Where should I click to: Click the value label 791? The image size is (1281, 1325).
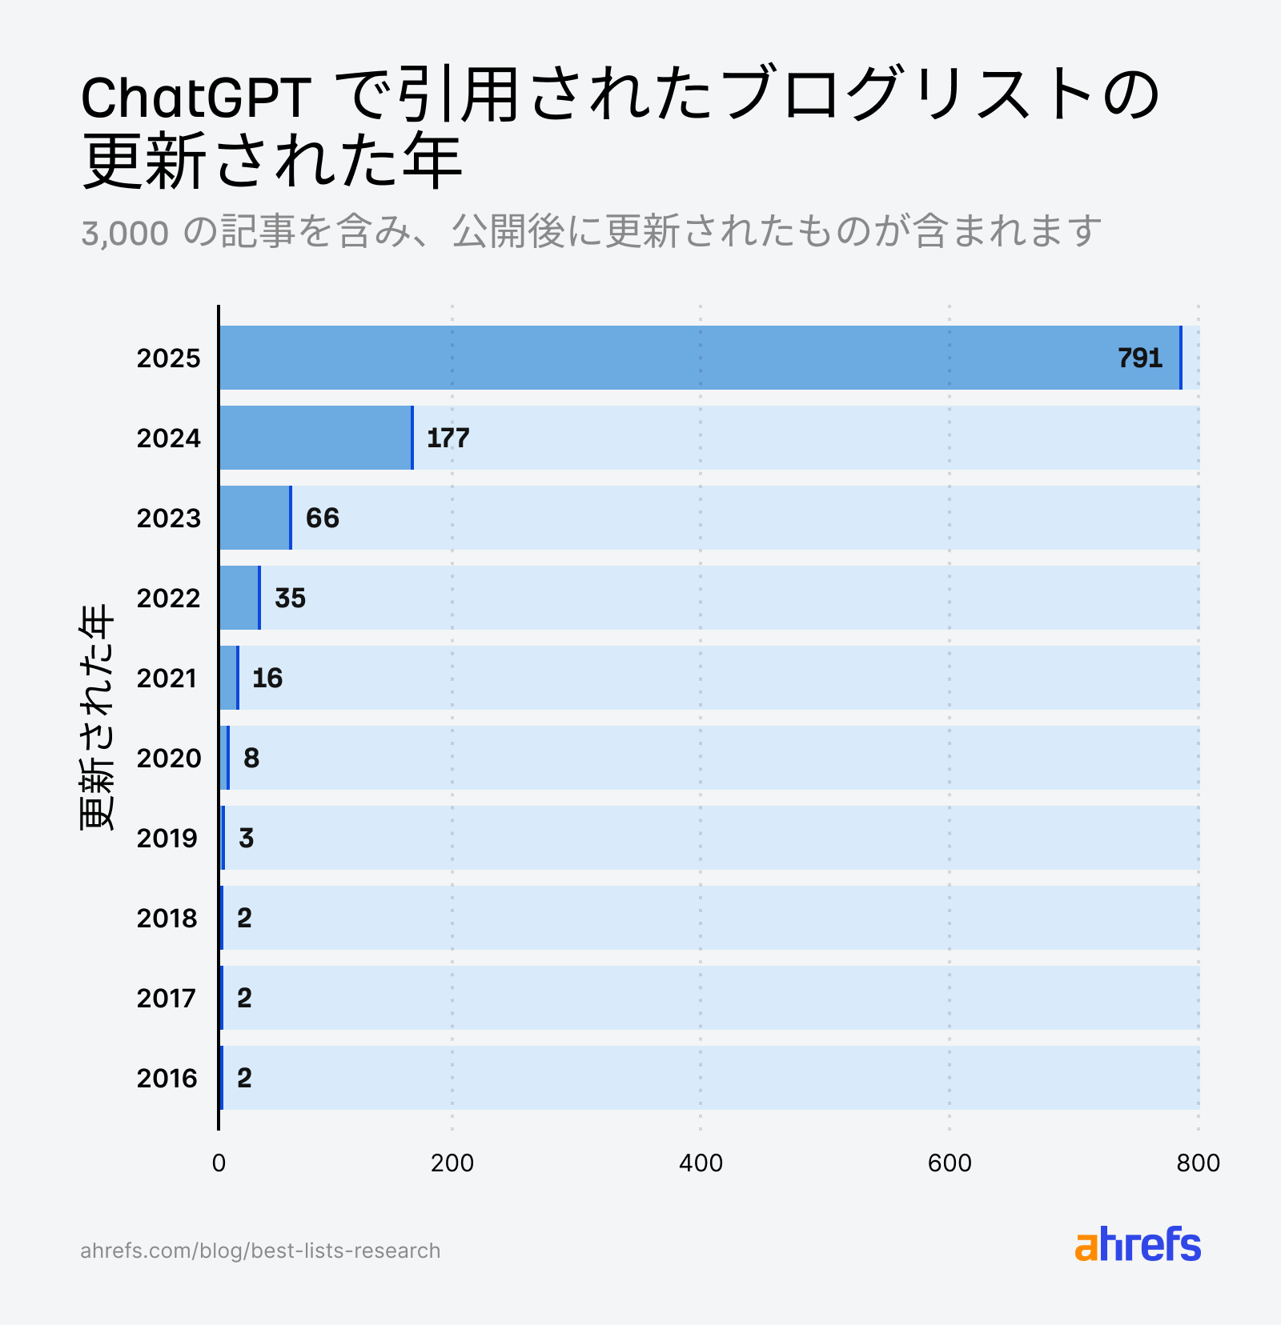click(x=1139, y=358)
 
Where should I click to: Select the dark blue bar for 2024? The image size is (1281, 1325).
click(x=315, y=438)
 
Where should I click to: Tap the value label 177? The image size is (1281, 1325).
click(x=448, y=438)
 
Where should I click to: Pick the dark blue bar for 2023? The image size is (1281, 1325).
click(x=255, y=518)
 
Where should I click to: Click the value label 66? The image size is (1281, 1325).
click(x=323, y=518)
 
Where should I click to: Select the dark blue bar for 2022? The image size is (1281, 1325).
click(x=239, y=598)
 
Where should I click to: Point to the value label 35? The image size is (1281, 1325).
click(x=290, y=598)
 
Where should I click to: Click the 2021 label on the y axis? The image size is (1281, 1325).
click(x=167, y=678)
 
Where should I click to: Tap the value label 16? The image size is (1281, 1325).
click(x=267, y=678)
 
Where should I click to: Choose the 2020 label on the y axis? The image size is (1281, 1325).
click(x=168, y=758)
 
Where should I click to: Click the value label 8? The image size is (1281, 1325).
click(x=251, y=758)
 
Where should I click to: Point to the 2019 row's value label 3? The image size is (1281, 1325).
click(x=247, y=838)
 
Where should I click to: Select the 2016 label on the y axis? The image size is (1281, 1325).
click(x=167, y=1078)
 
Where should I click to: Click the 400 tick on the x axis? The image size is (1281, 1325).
click(x=701, y=1163)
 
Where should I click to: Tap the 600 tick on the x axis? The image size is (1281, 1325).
click(x=950, y=1163)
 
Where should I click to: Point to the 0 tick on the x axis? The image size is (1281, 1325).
click(x=219, y=1163)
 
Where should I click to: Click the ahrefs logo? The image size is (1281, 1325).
click(x=1138, y=1245)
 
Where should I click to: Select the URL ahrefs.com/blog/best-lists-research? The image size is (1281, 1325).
click(x=260, y=1251)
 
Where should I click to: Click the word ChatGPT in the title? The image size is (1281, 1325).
click(x=195, y=98)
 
